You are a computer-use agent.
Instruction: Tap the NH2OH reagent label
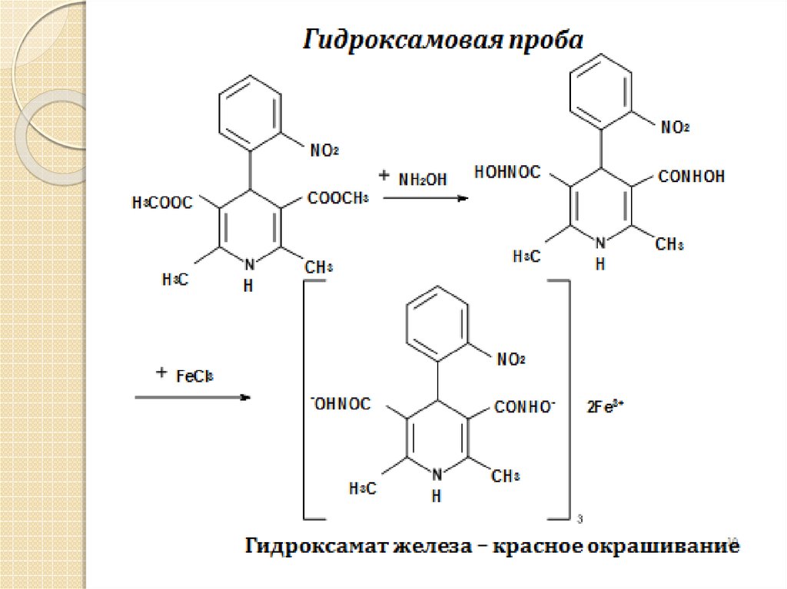click(x=423, y=178)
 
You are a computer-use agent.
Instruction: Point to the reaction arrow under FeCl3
click(x=193, y=397)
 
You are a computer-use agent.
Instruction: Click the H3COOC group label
click(x=163, y=204)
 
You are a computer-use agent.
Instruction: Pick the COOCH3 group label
click(x=339, y=199)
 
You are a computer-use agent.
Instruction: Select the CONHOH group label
click(x=691, y=177)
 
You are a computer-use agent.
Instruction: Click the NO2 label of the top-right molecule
click(x=674, y=127)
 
